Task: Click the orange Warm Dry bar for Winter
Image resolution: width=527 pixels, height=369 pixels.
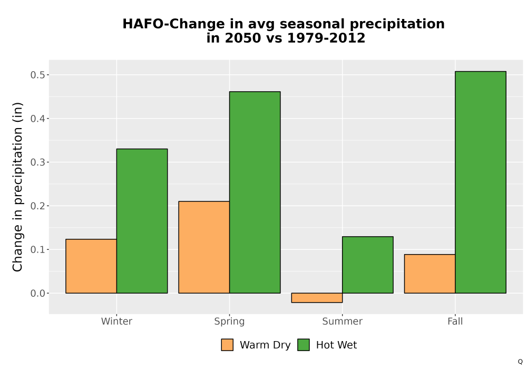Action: pos(91,266)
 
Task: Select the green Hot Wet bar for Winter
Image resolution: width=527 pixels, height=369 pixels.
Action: pos(142,221)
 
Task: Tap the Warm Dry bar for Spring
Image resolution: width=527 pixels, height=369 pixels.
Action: pos(204,247)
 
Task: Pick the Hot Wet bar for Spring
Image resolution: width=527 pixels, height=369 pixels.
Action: pos(255,192)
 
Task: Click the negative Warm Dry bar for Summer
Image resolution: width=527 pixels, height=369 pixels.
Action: pos(317,298)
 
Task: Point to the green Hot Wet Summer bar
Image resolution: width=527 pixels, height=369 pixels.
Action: pos(368,265)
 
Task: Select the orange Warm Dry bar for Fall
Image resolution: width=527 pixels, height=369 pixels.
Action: pos(430,274)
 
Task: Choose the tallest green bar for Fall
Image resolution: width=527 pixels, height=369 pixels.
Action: pos(481,182)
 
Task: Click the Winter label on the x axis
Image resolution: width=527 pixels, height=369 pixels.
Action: pos(116,321)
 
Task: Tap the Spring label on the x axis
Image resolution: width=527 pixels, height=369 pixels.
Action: pos(230,322)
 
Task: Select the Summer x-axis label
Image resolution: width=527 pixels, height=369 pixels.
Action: pos(343,321)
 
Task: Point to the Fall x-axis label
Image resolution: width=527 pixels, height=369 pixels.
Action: pos(455,321)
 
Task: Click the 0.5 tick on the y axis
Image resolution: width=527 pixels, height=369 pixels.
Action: pos(37,75)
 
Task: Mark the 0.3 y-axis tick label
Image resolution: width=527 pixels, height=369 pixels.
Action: pos(37,162)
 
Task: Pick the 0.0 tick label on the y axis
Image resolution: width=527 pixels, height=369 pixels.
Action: pos(37,294)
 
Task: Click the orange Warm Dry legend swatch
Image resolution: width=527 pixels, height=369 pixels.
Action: pos(227,345)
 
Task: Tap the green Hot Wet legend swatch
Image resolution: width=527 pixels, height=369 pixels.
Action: pos(304,345)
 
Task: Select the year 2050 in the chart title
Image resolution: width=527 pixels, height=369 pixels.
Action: pos(242,38)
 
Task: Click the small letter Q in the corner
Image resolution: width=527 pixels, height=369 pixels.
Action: pos(520,362)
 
